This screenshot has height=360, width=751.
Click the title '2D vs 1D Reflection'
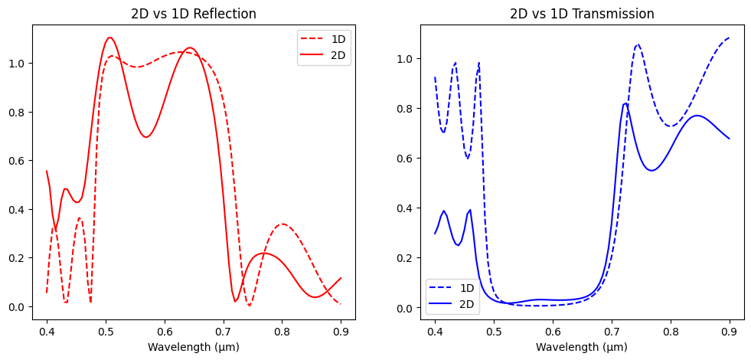click(193, 14)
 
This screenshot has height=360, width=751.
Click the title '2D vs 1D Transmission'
click(582, 14)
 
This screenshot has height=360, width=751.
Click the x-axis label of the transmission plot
click(582, 347)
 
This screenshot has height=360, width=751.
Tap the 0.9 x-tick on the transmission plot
click(730, 332)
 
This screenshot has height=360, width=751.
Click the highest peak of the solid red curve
click(109, 38)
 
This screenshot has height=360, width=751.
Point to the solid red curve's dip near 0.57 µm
click(146, 137)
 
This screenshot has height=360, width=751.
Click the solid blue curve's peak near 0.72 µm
click(625, 103)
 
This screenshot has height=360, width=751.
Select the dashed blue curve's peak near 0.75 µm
click(638, 44)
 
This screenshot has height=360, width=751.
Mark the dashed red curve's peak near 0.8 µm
click(282, 224)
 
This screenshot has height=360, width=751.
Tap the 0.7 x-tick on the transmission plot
click(612, 332)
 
